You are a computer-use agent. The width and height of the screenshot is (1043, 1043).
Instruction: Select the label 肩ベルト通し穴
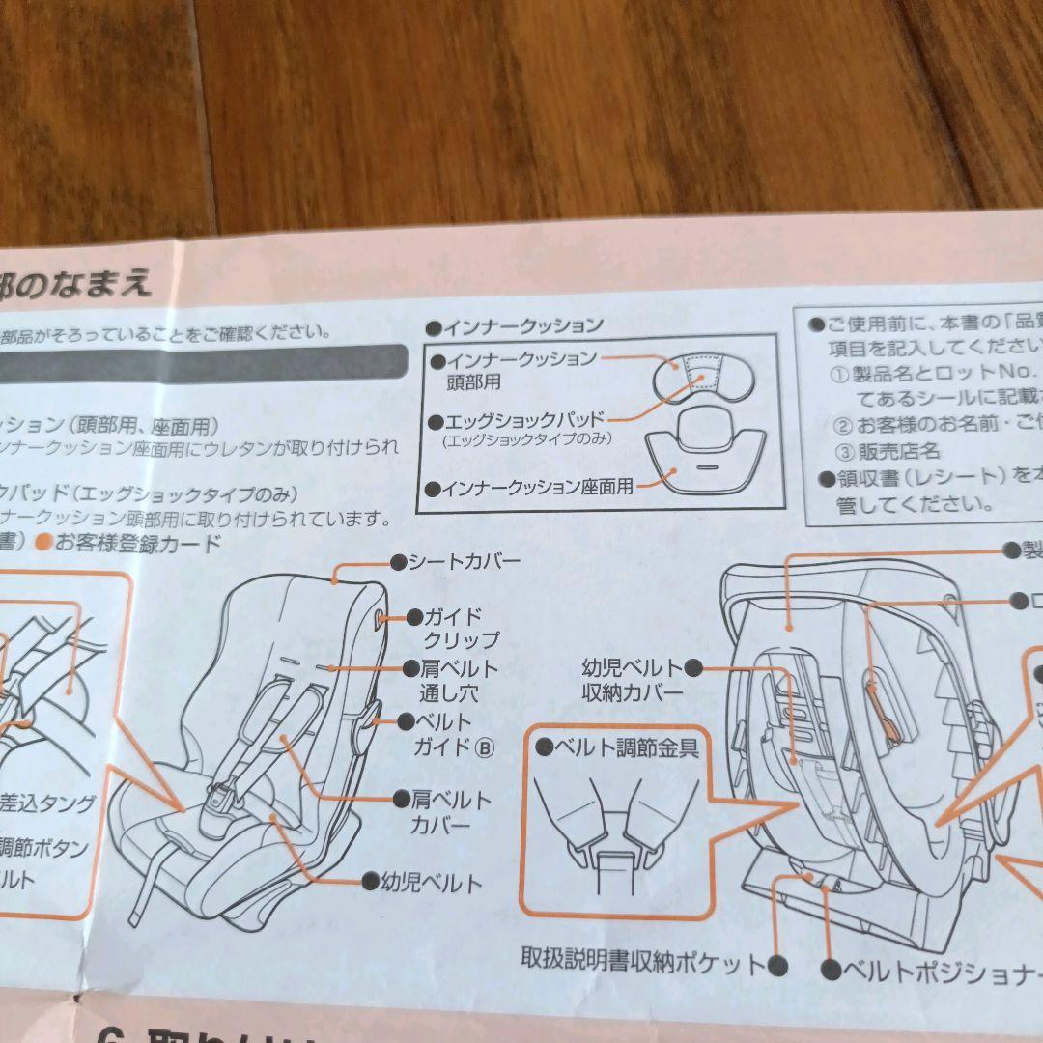tap(459, 680)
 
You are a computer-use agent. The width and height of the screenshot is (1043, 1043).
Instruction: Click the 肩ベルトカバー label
tap(452, 812)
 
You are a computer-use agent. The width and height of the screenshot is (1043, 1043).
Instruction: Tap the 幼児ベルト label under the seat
tap(432, 882)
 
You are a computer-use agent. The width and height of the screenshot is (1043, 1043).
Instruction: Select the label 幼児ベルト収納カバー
tap(632, 680)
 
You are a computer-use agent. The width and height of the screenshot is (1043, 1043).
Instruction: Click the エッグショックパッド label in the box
tap(524, 421)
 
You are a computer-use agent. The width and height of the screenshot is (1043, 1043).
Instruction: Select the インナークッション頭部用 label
tap(520, 369)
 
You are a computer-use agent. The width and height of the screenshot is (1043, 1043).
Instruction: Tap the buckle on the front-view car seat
tap(222, 797)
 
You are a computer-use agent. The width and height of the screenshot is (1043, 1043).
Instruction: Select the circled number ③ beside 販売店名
tap(842, 451)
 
